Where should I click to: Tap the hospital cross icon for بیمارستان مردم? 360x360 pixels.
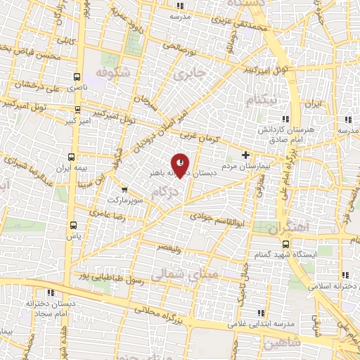pyautogui.click(x=245, y=155)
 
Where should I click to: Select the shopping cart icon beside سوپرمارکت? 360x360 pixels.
pyautogui.click(x=124, y=189)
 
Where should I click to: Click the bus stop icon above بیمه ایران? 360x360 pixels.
pyautogui.click(x=70, y=157)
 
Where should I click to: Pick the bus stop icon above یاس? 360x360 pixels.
pyautogui.click(x=75, y=225)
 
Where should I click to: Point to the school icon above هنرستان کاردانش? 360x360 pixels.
pyautogui.click(x=284, y=119)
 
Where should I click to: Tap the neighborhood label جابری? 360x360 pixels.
pyautogui.click(x=191, y=73)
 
